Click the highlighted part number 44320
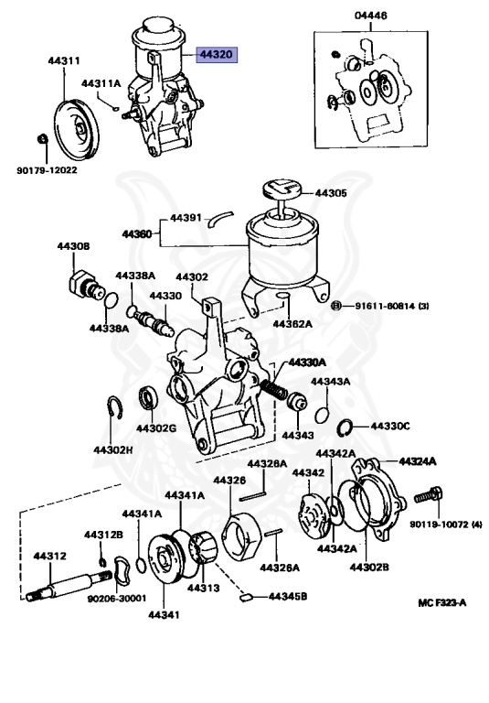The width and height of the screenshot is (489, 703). click(x=217, y=55)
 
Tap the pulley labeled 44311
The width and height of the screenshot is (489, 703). click(x=74, y=130)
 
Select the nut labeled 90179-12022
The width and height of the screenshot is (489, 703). click(x=43, y=139)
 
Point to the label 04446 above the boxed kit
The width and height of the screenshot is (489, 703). click(x=370, y=16)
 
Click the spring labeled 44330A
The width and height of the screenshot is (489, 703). click(x=273, y=388)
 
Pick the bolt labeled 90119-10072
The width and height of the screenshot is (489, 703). click(x=429, y=495)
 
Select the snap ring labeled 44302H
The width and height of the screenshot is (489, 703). click(x=114, y=408)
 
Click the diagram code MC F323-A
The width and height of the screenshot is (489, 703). click(x=441, y=602)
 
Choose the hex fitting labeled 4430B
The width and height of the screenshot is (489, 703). click(x=84, y=286)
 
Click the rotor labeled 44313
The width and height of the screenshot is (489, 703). click(x=202, y=549)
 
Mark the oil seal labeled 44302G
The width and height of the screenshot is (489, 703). click(x=148, y=396)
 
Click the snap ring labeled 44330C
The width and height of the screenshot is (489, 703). click(x=345, y=427)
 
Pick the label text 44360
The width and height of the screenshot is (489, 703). click(x=137, y=233)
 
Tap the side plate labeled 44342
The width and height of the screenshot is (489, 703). click(x=314, y=514)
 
